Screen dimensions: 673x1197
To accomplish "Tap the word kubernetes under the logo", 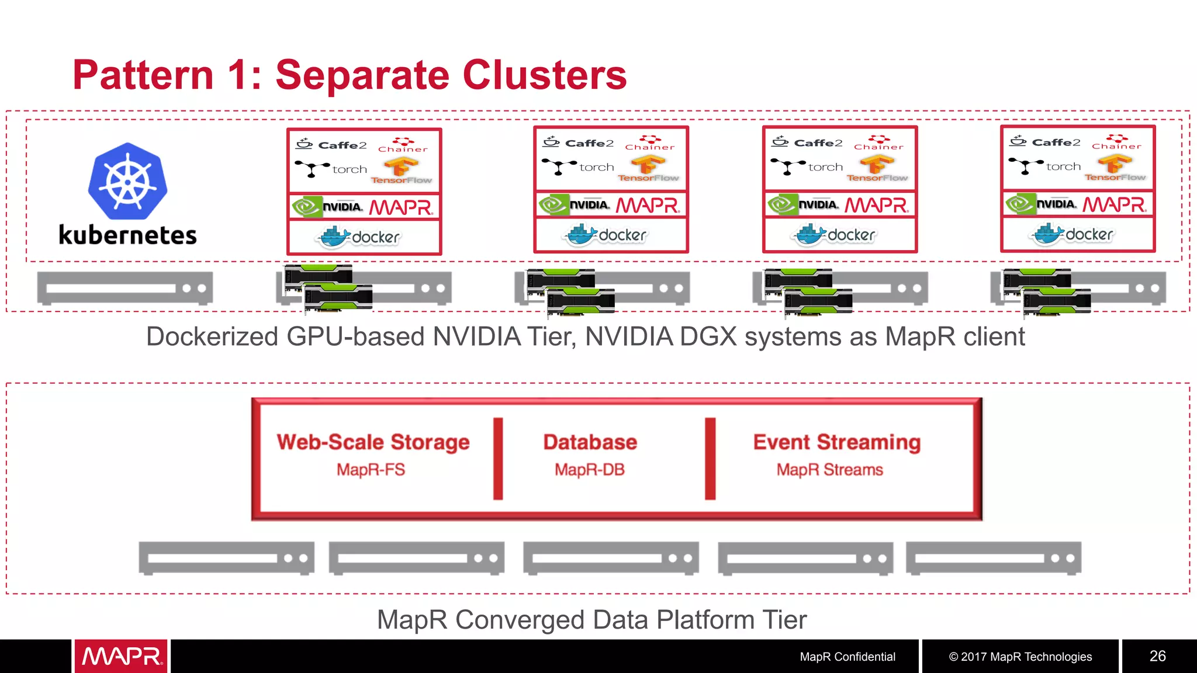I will [127, 235].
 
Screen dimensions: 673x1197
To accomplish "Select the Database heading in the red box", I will [590, 442].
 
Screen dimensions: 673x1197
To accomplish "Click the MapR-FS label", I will [371, 470].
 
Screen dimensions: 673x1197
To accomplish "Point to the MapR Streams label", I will [829, 470].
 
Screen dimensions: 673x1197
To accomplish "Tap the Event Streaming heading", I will [836, 442].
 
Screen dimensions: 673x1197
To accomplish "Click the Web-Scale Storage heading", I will [373, 442].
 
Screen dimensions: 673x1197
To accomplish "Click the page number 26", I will [1157, 656].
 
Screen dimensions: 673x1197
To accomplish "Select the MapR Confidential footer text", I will [847, 657].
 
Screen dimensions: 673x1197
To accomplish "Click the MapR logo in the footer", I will [121, 656].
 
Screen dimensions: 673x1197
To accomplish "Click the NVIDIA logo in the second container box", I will [575, 205].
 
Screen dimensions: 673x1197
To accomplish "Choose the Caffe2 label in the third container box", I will [809, 143].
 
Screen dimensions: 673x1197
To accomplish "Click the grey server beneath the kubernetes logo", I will [124, 288].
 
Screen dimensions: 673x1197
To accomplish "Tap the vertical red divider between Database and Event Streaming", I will [710, 459].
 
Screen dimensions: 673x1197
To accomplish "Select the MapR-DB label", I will [590, 470].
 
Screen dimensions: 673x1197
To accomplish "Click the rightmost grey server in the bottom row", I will [993, 558].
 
